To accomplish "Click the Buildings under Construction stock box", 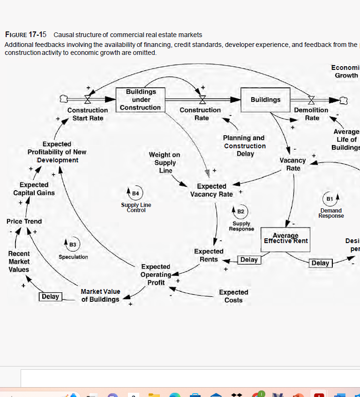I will [140, 99].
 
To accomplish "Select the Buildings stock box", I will [265, 99].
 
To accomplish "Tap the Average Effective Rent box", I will [285, 238].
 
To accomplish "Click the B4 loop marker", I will [135, 193].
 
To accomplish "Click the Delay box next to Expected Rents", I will [249, 260].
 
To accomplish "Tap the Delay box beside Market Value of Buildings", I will [50, 297].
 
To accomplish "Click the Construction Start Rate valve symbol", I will [88, 99].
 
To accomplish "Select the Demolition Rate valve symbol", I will [311, 99].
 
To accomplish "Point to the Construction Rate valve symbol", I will [202, 99].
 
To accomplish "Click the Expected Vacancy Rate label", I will [211, 190].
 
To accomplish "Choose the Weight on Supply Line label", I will [165, 162].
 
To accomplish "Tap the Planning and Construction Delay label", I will [244, 145].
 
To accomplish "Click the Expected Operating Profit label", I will [156, 275].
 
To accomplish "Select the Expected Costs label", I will [233, 296].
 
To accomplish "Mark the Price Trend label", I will [24, 221].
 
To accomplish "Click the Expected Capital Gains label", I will [34, 189].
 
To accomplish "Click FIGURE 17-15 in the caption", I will [26, 35].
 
